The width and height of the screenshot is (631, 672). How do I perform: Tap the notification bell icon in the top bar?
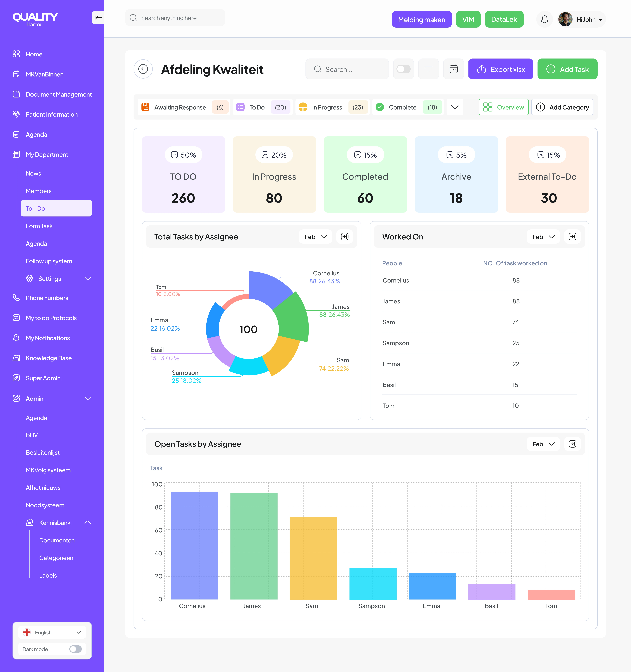(x=544, y=19)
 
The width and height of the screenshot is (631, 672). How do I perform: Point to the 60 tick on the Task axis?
(x=158, y=530)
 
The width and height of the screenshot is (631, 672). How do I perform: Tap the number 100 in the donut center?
(x=249, y=329)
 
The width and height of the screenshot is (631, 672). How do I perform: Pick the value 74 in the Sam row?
(x=515, y=322)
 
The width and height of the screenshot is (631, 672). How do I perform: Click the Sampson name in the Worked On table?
(x=396, y=343)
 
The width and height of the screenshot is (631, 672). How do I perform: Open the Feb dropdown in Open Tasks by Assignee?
(x=543, y=444)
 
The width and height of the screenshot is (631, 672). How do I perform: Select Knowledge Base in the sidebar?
(x=49, y=358)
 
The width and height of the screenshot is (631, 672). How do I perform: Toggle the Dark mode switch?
(x=75, y=649)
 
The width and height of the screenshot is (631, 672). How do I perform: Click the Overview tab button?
(x=503, y=107)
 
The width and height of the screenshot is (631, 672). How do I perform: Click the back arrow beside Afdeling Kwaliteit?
(x=143, y=69)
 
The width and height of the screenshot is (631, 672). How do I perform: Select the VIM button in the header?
(x=468, y=19)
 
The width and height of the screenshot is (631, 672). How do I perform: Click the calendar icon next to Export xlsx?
(x=453, y=69)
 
